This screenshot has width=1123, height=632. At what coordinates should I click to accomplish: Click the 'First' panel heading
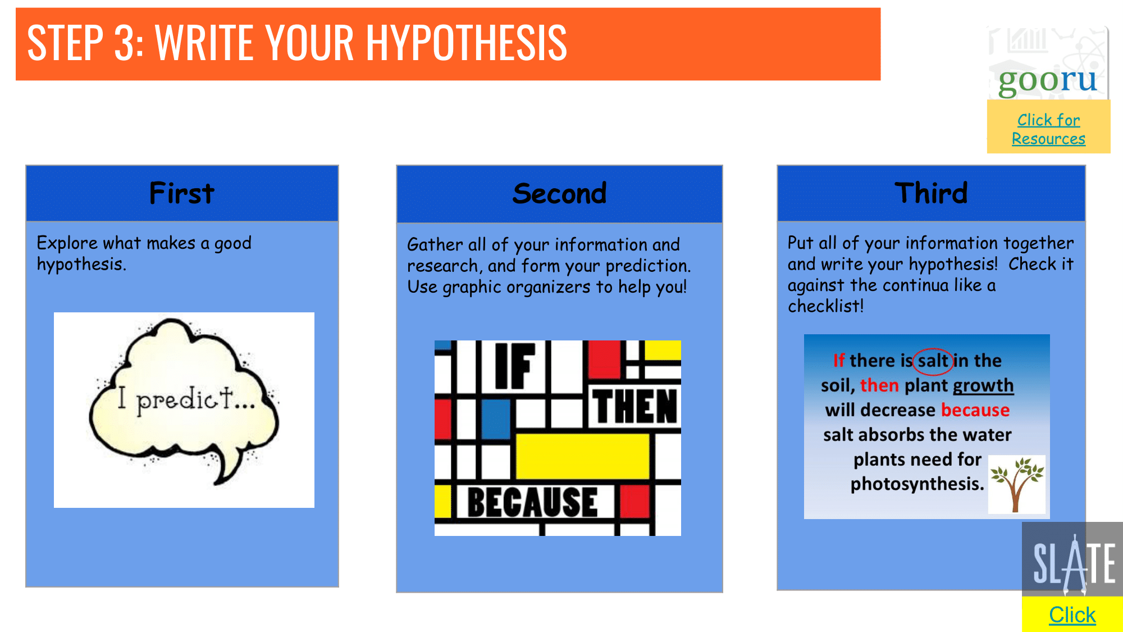(x=181, y=193)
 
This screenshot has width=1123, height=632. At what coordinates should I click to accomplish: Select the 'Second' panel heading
(x=559, y=193)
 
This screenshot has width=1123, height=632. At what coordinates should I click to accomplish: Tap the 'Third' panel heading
(x=931, y=193)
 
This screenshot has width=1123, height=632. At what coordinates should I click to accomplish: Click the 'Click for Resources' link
(x=1048, y=129)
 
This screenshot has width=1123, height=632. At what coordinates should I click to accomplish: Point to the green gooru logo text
(x=1047, y=80)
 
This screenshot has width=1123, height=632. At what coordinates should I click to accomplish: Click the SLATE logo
(x=1072, y=559)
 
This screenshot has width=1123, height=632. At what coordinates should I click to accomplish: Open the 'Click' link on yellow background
(x=1072, y=615)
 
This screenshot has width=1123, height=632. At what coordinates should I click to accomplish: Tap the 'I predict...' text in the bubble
(x=186, y=399)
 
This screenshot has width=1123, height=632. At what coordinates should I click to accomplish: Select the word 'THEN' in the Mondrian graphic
(x=635, y=406)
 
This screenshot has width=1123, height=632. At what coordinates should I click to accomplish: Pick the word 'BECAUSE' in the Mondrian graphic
(x=532, y=502)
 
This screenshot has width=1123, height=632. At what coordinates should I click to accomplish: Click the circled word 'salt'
(x=933, y=361)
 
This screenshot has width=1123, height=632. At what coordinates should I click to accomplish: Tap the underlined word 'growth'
(x=983, y=385)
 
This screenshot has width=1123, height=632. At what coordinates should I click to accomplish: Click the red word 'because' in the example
(x=975, y=410)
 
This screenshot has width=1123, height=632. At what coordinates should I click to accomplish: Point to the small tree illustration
(x=1016, y=484)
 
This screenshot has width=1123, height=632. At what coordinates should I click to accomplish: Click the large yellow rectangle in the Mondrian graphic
(x=582, y=456)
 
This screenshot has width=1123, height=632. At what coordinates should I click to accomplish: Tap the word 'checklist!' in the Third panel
(x=825, y=306)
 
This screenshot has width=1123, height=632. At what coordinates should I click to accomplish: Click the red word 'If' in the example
(x=838, y=361)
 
